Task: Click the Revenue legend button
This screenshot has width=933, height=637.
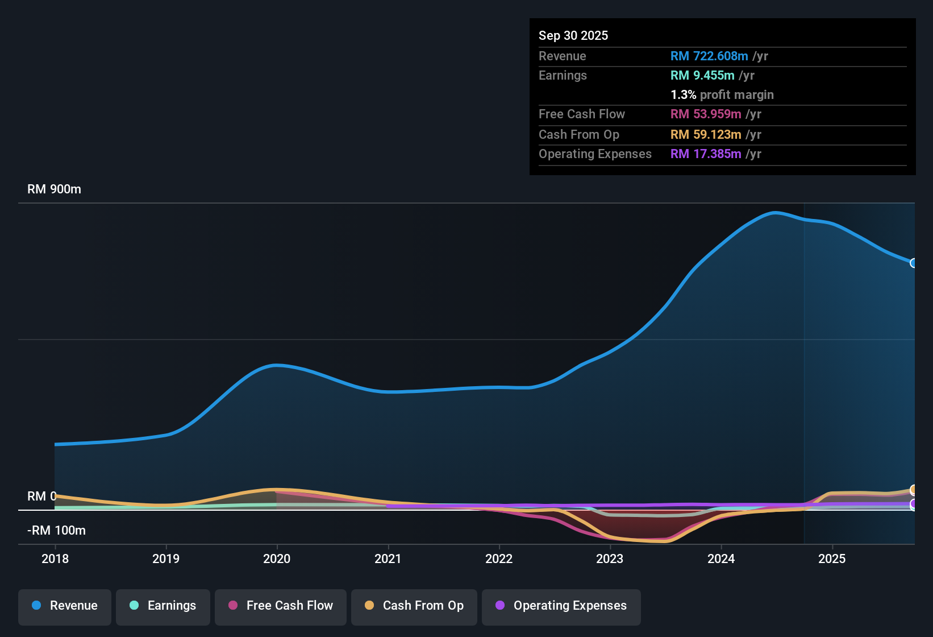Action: coord(65,606)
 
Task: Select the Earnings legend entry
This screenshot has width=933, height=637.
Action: coord(163,606)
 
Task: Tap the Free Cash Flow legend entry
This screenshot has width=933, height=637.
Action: coord(281,606)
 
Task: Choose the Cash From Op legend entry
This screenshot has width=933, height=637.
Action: coord(414,606)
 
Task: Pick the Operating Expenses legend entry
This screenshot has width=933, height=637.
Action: coord(561,606)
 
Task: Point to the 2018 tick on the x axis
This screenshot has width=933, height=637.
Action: coord(55,559)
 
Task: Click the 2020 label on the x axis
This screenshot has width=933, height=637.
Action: coord(277,559)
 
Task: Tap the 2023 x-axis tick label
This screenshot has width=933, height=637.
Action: coord(610,559)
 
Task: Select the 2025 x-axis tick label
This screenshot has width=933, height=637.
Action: coord(832,559)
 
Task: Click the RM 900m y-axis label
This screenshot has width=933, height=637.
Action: coord(54,189)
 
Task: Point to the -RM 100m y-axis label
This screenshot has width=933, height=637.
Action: coord(56,531)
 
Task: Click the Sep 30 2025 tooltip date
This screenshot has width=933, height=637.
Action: coord(573,36)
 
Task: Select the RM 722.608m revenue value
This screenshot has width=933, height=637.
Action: coord(709,56)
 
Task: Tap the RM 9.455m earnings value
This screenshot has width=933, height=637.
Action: coord(702,76)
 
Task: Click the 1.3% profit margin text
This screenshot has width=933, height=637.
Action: coord(722,95)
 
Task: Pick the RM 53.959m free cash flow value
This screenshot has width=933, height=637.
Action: coord(706,114)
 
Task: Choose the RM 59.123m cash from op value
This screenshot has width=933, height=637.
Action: coord(706,135)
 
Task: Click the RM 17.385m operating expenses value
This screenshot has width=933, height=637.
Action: coord(706,154)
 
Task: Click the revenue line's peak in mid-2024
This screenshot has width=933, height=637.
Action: coord(775,213)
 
